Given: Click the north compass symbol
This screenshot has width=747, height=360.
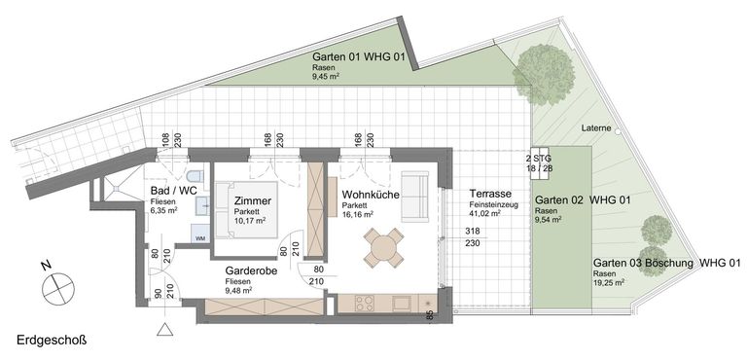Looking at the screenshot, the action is tap(58, 289).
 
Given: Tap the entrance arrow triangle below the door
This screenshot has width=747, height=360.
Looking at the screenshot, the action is tap(164, 329).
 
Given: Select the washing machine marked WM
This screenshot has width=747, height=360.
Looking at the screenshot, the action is tap(200, 234).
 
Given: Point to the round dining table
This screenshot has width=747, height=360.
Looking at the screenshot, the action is tap(383, 247).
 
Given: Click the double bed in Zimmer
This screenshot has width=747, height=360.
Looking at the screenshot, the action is tap(246, 209).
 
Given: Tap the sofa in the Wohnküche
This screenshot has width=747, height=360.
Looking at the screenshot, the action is tap(415, 196).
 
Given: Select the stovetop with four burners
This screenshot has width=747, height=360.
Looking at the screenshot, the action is tap(365, 304).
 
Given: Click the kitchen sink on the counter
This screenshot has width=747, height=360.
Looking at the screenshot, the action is tap(401, 303).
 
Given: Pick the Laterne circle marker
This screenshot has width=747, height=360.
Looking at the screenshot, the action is tap(618, 130).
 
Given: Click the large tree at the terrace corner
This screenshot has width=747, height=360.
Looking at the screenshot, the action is tap(545, 74).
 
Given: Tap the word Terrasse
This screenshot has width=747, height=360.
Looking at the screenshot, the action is tap(490, 194).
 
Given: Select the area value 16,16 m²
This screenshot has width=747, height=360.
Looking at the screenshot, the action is tap(357, 214).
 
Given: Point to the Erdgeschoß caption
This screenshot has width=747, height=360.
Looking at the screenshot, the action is tap(52, 341).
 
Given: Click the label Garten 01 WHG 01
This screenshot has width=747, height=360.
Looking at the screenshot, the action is tap(358, 57).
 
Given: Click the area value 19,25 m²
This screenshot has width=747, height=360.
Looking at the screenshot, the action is tap(609, 282).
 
